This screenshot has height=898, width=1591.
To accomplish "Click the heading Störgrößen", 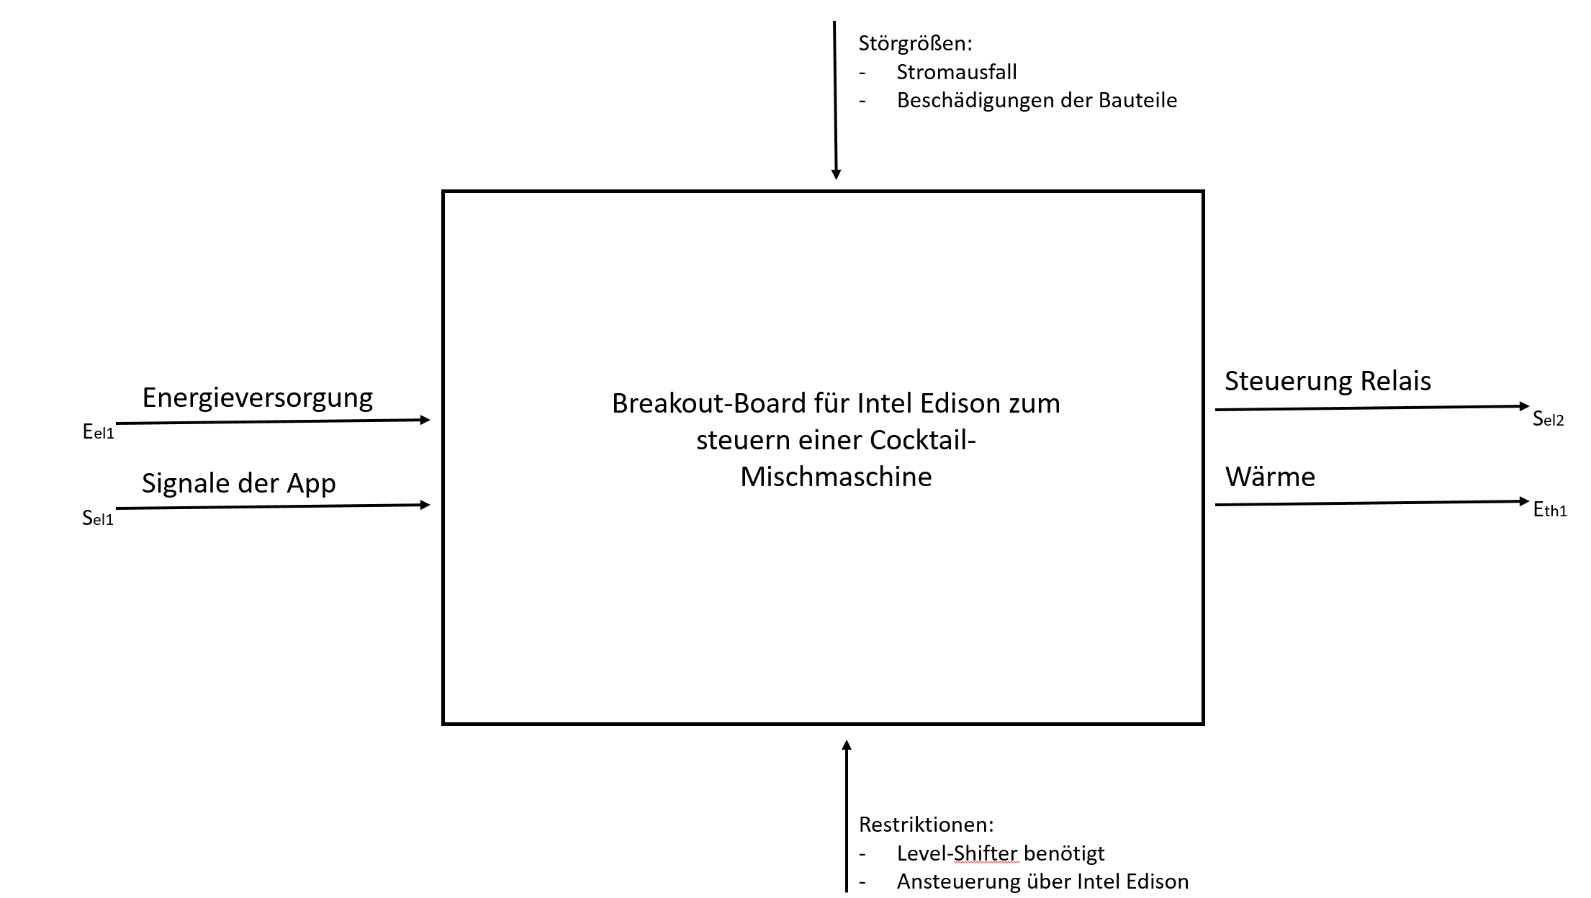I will pyautogui.click(x=914, y=44).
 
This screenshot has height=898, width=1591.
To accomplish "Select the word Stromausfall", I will pyautogui.click(x=956, y=72).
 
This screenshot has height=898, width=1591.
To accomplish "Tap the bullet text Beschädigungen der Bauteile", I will pyautogui.click(x=1037, y=100).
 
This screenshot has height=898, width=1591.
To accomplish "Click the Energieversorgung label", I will pyautogui.click(x=257, y=398).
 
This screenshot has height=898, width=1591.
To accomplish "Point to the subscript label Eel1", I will pyautogui.click(x=99, y=432).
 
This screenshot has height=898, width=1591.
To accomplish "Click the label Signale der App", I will pyautogui.click(x=238, y=483).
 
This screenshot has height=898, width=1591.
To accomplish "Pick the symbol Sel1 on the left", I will pyautogui.click(x=98, y=518).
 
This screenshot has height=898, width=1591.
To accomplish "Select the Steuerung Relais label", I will pyautogui.click(x=1328, y=381).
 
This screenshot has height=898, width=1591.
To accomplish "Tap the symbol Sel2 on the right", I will pyautogui.click(x=1548, y=418).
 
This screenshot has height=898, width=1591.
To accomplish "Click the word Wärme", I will pyautogui.click(x=1270, y=477).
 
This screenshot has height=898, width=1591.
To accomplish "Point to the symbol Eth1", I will pyautogui.click(x=1549, y=510).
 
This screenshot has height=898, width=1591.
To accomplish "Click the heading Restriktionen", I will pyautogui.click(x=926, y=825).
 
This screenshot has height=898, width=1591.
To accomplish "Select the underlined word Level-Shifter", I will pyautogui.click(x=957, y=853).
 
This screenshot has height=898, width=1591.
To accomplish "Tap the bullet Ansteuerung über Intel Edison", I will pyautogui.click(x=1042, y=881).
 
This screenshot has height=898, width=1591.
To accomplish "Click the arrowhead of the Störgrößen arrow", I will pyautogui.click(x=836, y=174).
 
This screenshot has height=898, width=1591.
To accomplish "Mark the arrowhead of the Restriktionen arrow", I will pyautogui.click(x=847, y=745).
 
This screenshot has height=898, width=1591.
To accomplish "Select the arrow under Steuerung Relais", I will pyautogui.click(x=1371, y=408).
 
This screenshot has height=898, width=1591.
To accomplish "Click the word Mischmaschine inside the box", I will pyautogui.click(x=836, y=477).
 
